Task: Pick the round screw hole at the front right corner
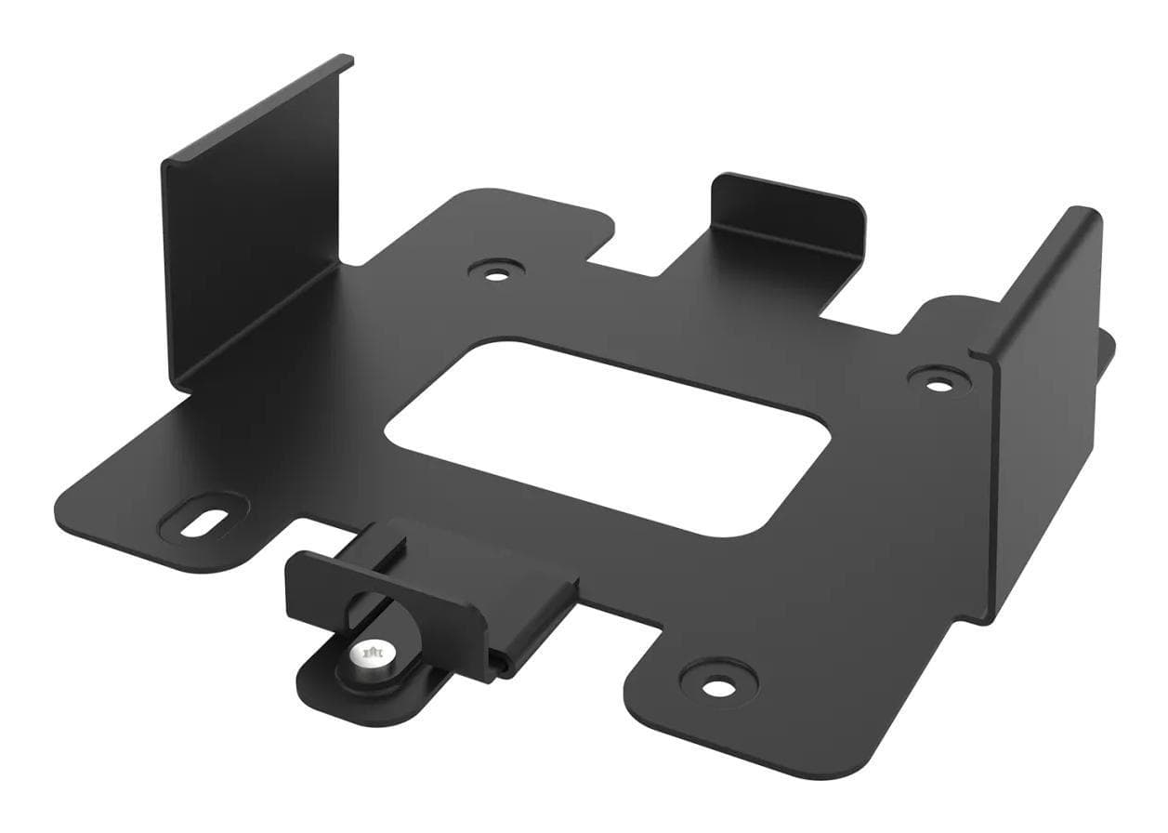(x=715, y=687)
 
